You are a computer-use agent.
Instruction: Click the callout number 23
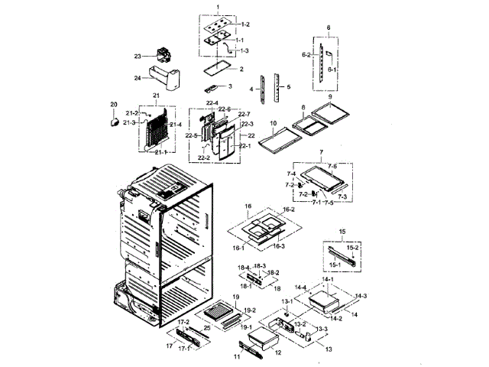(138, 57)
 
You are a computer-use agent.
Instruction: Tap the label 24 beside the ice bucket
(138, 77)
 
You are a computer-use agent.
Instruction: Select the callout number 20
(114, 105)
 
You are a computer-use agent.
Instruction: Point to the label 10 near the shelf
(272, 123)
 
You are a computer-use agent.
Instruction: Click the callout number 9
(329, 98)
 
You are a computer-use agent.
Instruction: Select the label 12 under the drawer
(278, 352)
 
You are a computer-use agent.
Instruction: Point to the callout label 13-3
(323, 330)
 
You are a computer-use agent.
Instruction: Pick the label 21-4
(176, 125)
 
